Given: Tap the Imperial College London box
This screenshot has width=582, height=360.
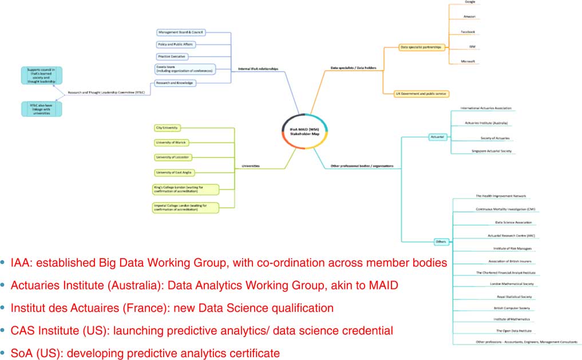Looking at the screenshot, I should (x=177, y=207).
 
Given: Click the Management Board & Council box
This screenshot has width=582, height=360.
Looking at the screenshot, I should (x=181, y=32).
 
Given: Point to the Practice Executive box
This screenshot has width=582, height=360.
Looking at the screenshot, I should (x=171, y=57).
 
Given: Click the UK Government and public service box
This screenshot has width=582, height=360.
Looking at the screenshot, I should (x=414, y=93).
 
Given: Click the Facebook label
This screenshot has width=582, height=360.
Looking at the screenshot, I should (x=469, y=32).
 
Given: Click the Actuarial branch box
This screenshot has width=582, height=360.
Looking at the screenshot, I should (x=437, y=137).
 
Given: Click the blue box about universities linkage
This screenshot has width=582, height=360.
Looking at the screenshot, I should (x=41, y=109).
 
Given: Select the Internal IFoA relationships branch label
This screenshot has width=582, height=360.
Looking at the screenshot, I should (x=258, y=69).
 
